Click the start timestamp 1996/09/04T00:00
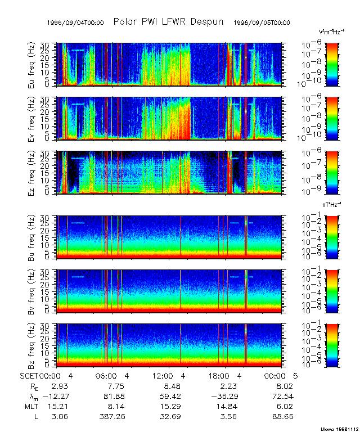(76, 23)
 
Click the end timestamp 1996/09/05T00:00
(262, 23)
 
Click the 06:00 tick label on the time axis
(106, 375)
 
